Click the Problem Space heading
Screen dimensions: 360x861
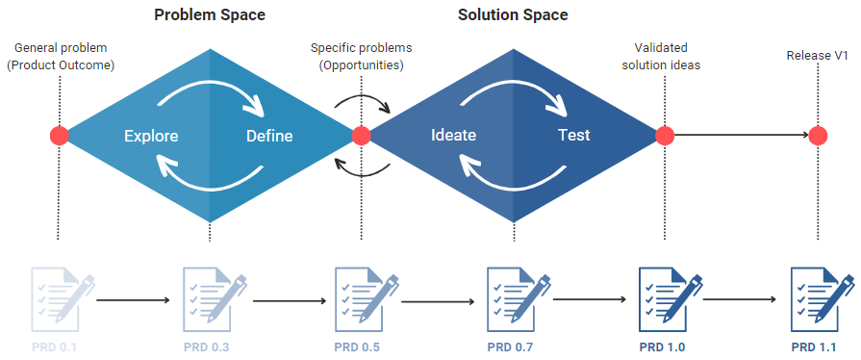(x=210, y=15)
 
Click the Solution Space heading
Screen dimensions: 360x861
(x=513, y=15)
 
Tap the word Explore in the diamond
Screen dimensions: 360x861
(x=151, y=136)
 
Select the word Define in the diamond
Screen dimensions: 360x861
(x=269, y=136)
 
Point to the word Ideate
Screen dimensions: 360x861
(x=453, y=136)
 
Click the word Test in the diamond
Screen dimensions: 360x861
(x=574, y=136)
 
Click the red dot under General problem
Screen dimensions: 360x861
(x=60, y=136)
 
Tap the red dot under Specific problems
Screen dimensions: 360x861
(x=362, y=136)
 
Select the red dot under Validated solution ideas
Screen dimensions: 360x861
(x=664, y=136)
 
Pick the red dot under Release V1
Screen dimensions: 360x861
(x=818, y=136)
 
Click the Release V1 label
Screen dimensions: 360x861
(x=818, y=56)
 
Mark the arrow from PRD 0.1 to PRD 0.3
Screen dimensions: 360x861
(x=135, y=301)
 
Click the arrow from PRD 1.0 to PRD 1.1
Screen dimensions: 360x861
(x=742, y=301)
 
